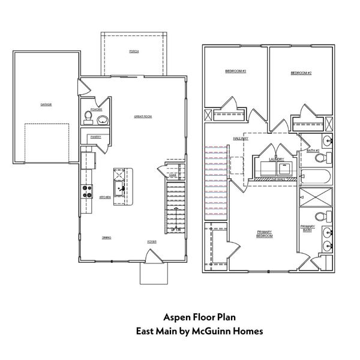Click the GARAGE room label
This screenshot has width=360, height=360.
coord(46,104)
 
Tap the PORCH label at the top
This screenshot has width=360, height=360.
coord(134,52)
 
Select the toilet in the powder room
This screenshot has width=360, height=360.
coord(88,116)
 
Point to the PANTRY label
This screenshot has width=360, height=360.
coord(95,137)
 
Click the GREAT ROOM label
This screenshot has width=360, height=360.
coord(142,117)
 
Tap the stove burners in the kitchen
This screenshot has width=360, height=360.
coord(88,191)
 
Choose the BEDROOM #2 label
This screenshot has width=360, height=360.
coord(301,73)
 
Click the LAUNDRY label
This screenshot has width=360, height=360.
coord(277,159)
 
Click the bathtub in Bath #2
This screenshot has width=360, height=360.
coord(314,178)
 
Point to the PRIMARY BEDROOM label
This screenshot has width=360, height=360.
coord(265,234)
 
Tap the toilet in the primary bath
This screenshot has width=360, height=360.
coord(322,215)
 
